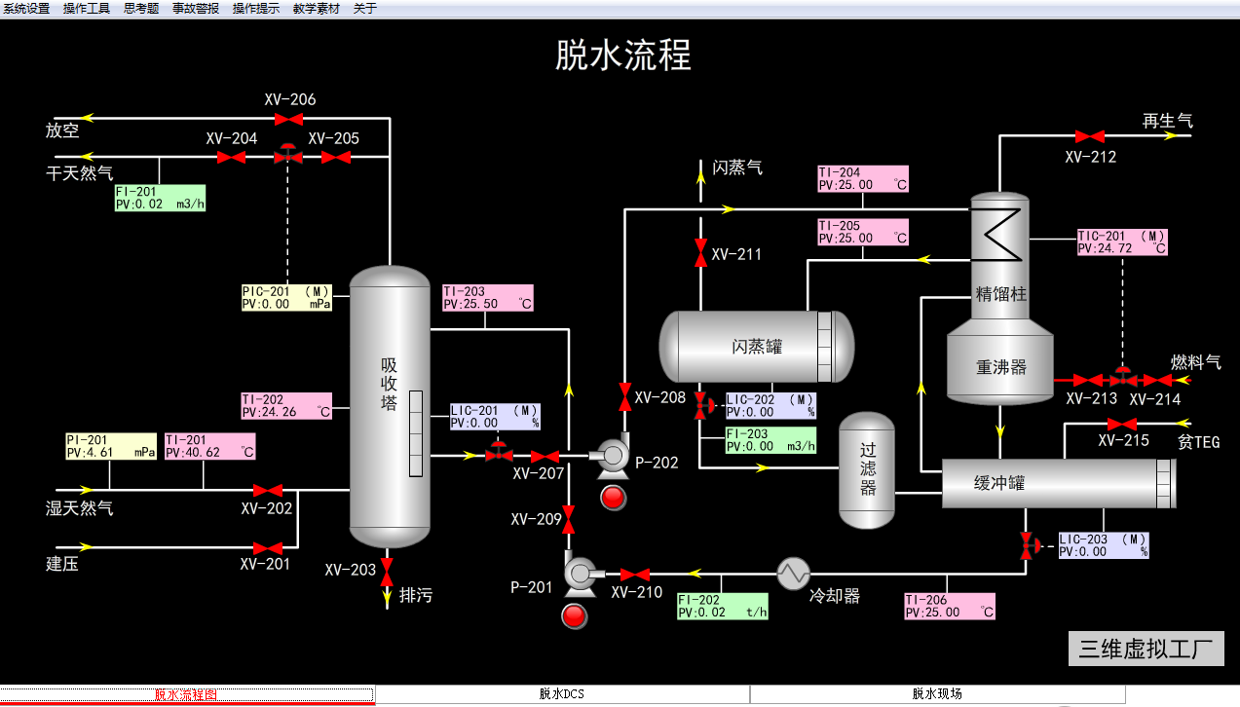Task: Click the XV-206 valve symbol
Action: (x=287, y=119)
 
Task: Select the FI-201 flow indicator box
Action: (x=160, y=198)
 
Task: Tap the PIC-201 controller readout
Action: (x=286, y=297)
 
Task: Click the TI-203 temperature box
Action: (x=488, y=297)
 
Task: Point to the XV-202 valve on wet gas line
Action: (x=268, y=490)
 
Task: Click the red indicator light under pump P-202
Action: (x=614, y=498)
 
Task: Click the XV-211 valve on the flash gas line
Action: (x=700, y=253)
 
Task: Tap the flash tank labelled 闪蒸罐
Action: (x=756, y=347)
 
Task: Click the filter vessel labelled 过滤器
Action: (x=867, y=470)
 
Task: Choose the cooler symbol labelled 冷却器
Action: (x=794, y=574)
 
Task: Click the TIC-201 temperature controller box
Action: (x=1122, y=242)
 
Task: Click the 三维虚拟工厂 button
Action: (x=1146, y=649)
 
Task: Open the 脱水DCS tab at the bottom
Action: (x=562, y=694)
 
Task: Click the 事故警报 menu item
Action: (x=196, y=8)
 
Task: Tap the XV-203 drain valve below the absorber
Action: (x=387, y=566)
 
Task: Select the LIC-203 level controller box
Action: (x=1104, y=545)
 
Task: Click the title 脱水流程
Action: (x=623, y=56)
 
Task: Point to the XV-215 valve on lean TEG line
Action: (x=1122, y=424)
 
